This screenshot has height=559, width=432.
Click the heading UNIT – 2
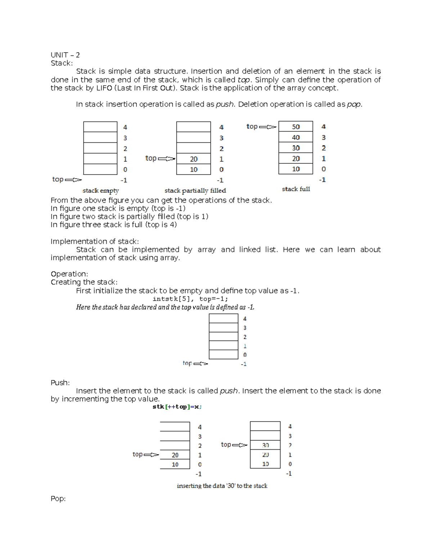(65, 55)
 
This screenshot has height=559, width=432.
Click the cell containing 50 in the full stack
(296, 127)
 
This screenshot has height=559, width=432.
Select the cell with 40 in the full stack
(296, 138)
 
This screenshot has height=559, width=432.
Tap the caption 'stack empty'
(100, 191)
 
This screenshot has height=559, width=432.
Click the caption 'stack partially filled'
(195, 191)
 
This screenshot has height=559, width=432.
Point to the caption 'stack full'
(296, 189)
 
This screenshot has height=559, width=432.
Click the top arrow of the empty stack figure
(73, 180)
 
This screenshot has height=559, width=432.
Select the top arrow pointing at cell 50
(267, 127)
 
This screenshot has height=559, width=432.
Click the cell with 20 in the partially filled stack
(194, 159)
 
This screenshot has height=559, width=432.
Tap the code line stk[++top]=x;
(177, 407)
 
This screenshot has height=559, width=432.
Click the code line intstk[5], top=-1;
(190, 299)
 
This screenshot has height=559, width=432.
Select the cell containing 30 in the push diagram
(265, 445)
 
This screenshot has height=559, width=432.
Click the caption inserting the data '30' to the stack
(222, 486)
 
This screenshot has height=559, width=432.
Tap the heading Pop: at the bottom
(58, 499)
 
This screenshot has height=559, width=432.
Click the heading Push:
(60, 383)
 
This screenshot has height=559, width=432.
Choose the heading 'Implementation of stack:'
(95, 242)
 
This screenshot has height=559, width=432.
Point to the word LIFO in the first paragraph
(104, 88)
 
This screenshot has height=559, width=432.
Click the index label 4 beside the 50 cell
(324, 127)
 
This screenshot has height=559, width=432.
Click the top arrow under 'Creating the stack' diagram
(201, 364)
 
